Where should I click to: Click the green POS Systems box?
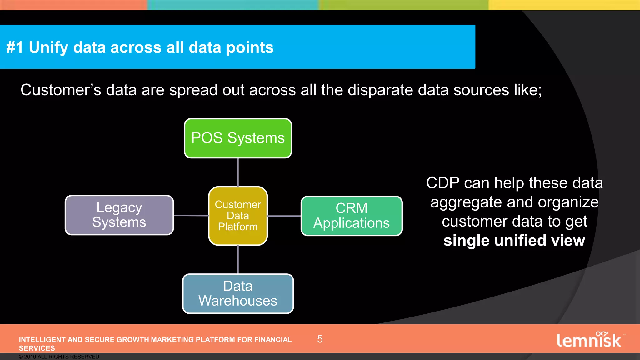(238, 138)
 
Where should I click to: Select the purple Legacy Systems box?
(119, 215)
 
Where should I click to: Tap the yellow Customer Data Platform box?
(238, 216)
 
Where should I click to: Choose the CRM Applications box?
(352, 216)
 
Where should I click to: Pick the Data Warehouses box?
(238, 293)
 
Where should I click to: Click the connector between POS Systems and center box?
(238, 172)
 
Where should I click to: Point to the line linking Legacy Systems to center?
(191, 215)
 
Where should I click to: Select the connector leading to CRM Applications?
(284, 216)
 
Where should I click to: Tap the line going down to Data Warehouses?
(238, 259)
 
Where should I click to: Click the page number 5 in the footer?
(320, 339)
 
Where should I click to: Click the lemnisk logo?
(589, 340)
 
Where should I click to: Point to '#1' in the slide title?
(15, 47)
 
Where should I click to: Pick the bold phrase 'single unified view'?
(514, 241)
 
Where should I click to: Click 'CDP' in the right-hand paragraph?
(443, 183)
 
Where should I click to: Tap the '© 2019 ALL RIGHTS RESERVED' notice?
(59, 357)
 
